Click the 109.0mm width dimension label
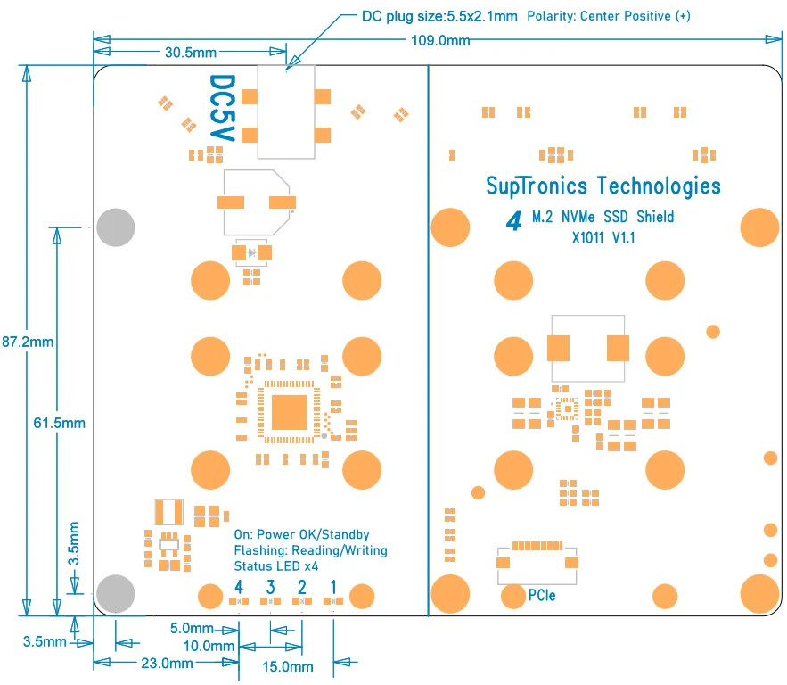(440, 41)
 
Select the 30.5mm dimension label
(190, 53)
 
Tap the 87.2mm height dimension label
(28, 342)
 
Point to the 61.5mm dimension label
(59, 423)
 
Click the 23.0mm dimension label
(167, 664)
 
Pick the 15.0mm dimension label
(288, 667)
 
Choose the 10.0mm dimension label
(209, 646)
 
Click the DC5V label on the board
(222, 108)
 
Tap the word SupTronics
(537, 186)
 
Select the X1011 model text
(587, 237)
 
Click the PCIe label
(542, 595)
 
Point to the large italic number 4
(513, 221)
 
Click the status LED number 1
(333, 587)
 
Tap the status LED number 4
(239, 587)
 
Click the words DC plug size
(403, 17)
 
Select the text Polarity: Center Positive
(599, 16)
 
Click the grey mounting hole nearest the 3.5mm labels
(116, 594)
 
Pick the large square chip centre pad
(289, 412)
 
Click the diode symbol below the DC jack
(251, 252)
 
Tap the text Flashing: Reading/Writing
(311, 550)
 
